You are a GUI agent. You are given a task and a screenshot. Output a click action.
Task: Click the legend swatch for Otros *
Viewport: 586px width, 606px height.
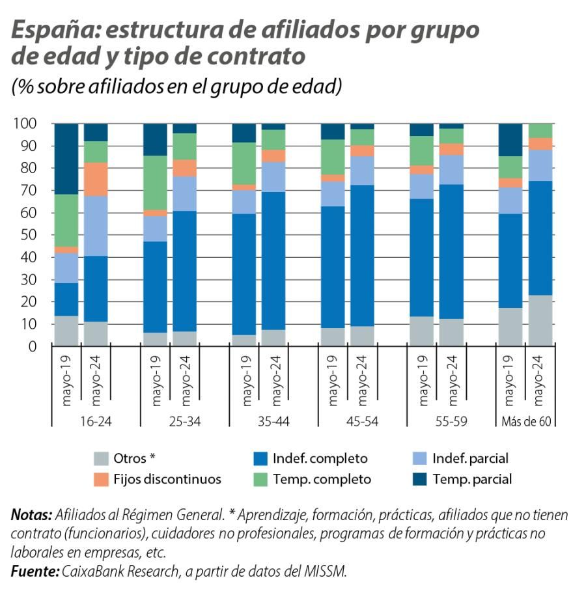click(102, 458)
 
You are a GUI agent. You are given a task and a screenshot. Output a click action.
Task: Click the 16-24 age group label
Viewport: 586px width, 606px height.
click(95, 421)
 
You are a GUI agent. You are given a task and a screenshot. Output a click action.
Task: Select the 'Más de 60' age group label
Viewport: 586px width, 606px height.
click(527, 421)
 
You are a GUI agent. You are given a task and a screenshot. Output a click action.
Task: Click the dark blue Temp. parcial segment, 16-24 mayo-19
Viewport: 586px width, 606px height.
click(66, 159)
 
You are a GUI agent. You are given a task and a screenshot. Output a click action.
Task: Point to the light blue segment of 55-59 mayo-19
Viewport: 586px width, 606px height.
click(421, 186)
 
